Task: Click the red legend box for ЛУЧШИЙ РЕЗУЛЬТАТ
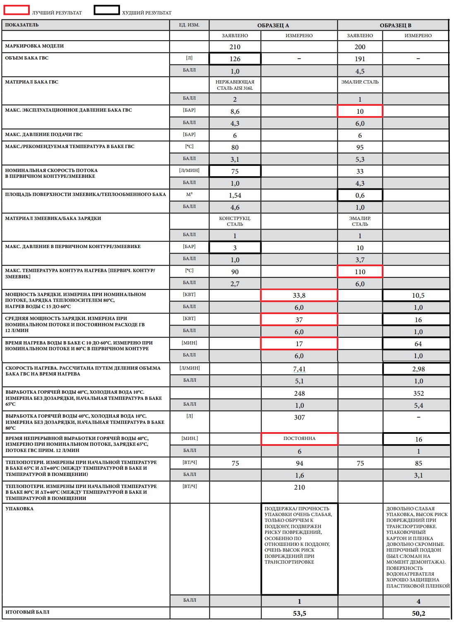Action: [x=17, y=10]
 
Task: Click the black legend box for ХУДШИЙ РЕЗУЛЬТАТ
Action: [x=106, y=10]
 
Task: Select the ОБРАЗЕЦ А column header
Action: [x=273, y=25]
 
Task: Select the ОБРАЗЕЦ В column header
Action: [x=395, y=25]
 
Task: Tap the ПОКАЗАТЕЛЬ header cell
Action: [x=22, y=25]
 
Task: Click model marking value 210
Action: [x=235, y=47]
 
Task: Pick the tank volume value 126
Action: [x=235, y=59]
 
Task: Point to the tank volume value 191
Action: [x=360, y=59]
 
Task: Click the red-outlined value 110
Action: [x=360, y=272]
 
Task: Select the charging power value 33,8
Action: [x=299, y=295]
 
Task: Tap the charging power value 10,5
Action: [x=418, y=295]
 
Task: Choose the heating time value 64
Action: [x=418, y=344]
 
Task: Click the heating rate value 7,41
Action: [x=299, y=369]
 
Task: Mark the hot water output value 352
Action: [x=418, y=393]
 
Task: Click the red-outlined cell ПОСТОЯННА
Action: [x=299, y=438]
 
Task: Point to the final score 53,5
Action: [x=299, y=613]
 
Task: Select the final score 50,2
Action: [x=418, y=613]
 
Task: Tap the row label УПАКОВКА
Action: [x=19, y=509]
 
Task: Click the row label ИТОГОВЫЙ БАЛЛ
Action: [x=27, y=612]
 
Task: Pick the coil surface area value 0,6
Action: [x=360, y=195]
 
